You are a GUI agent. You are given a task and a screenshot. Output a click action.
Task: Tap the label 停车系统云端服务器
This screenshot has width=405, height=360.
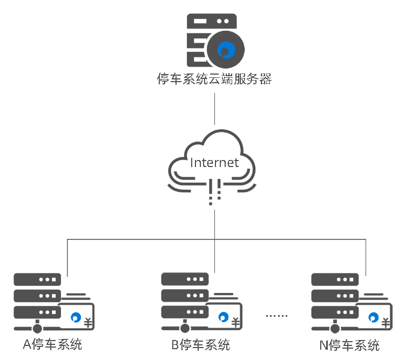pos(214,80)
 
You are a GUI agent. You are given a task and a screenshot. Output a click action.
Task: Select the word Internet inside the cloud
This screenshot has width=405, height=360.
pos(214,162)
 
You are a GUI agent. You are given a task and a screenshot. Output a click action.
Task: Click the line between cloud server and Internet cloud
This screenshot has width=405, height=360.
pos(215,110)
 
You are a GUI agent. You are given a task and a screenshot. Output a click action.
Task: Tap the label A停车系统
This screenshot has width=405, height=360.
pos(52,344)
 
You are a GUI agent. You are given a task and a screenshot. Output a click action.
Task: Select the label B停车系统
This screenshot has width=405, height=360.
pos(200,344)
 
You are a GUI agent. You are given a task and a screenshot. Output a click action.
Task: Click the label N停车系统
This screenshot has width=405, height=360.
pos(350,345)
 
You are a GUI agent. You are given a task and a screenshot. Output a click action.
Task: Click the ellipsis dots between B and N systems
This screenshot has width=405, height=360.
pos(278,315)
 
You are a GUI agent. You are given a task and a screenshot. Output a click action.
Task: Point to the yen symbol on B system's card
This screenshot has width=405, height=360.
pos(237,323)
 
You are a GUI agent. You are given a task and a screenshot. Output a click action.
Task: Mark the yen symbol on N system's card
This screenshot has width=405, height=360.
pos(386,323)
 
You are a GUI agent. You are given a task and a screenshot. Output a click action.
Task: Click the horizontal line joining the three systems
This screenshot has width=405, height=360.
pos(140,238)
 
